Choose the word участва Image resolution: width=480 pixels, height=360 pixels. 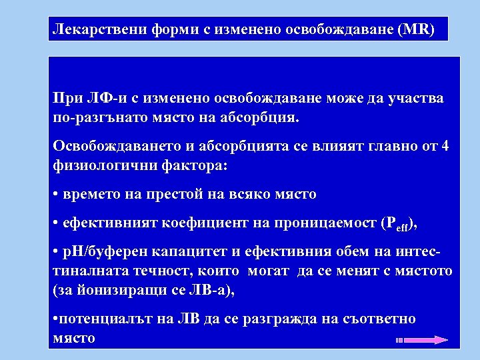coord(416,99)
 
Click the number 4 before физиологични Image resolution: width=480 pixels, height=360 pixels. coord(445,147)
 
